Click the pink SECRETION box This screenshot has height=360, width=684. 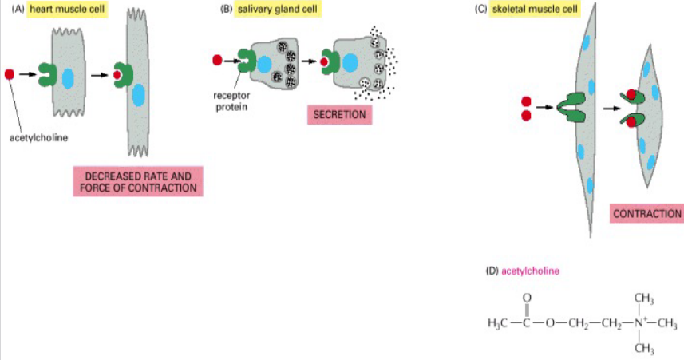tap(339, 115)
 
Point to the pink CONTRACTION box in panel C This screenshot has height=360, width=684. tap(646, 213)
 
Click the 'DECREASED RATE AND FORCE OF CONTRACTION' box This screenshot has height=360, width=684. tap(136, 182)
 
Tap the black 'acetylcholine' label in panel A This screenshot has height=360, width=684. tap(38, 136)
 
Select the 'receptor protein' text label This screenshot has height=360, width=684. tap(232, 99)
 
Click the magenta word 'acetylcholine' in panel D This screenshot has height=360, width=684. tap(530, 271)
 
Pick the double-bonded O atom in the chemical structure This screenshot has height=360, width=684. tap(527, 298)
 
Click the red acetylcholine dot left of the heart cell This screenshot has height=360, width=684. tap(10, 74)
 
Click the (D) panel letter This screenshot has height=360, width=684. tap(492, 271)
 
